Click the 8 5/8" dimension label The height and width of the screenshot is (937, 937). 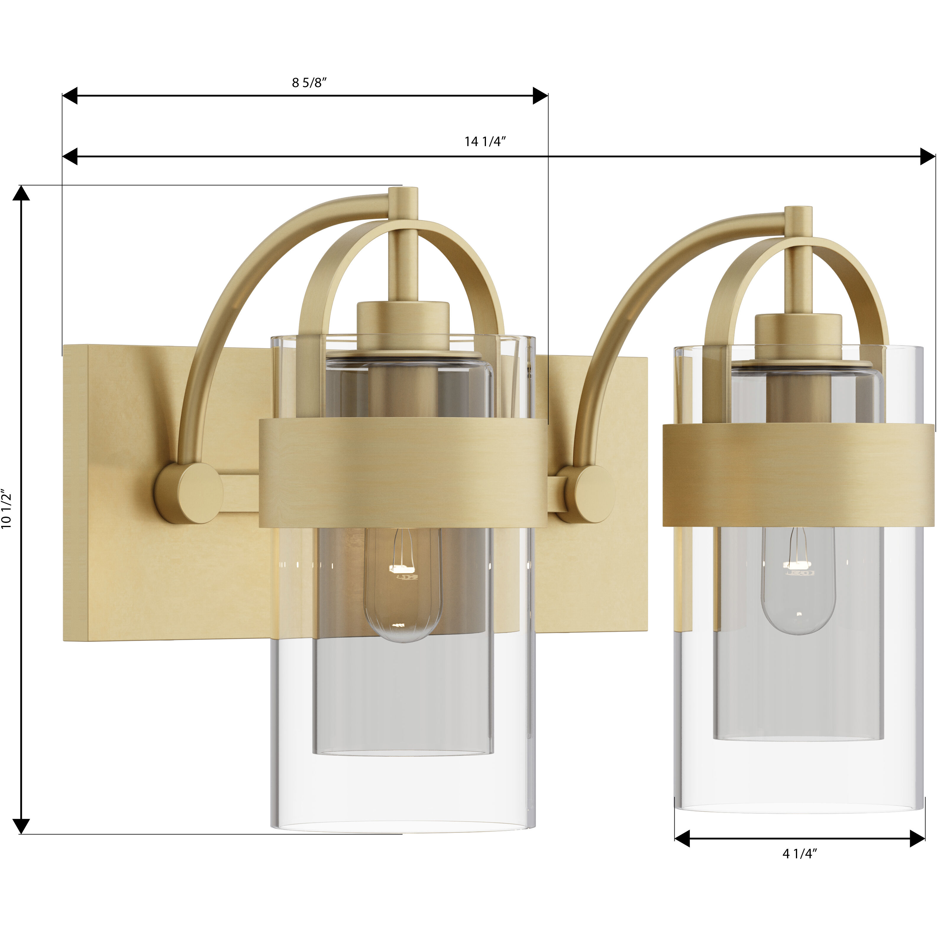(x=309, y=83)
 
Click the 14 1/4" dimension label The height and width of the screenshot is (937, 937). (x=485, y=142)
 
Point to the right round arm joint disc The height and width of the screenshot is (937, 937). (x=589, y=494)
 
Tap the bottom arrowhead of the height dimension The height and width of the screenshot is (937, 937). (x=21, y=826)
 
